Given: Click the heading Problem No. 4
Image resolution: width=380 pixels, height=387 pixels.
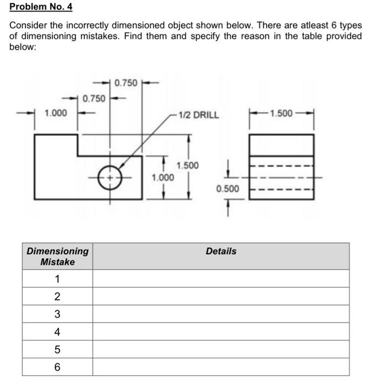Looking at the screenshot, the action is tap(41, 7).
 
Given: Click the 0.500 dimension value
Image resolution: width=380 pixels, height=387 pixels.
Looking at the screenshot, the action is tap(228, 189).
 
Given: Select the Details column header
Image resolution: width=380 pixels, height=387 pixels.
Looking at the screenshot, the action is tap(221, 251).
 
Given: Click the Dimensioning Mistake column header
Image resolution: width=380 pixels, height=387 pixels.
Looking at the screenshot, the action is tap(57, 256).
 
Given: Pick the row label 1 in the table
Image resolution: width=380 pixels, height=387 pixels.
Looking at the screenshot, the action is tap(57, 278).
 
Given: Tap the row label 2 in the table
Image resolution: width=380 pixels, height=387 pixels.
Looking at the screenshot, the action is tap(57, 296).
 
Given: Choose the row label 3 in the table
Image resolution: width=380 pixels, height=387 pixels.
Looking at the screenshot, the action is tap(57, 314).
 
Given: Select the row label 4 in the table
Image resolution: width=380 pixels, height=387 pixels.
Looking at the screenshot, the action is tap(57, 332).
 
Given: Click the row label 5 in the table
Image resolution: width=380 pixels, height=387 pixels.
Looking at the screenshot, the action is tap(57, 349).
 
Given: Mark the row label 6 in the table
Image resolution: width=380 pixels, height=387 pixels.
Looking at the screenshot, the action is tap(57, 367).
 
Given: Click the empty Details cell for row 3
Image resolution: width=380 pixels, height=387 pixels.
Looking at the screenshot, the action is tap(221, 314).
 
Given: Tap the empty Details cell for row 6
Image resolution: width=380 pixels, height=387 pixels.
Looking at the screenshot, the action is tap(221, 367).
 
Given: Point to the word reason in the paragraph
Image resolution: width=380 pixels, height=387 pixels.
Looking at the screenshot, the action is tap(237, 36).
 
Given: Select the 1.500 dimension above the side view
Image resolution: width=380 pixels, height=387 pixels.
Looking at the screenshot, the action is tap(282, 113).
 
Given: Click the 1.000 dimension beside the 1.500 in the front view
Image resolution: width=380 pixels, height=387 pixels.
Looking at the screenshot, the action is tap(162, 177).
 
